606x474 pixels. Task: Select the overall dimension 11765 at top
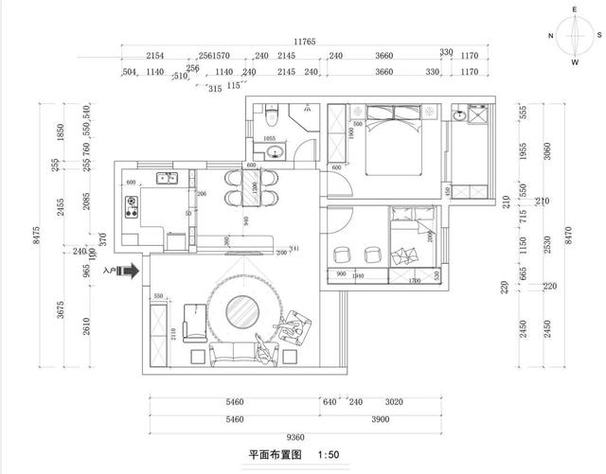pos(304,42)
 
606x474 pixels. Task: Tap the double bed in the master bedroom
pos(391,141)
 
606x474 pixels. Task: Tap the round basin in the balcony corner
pos(460,116)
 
